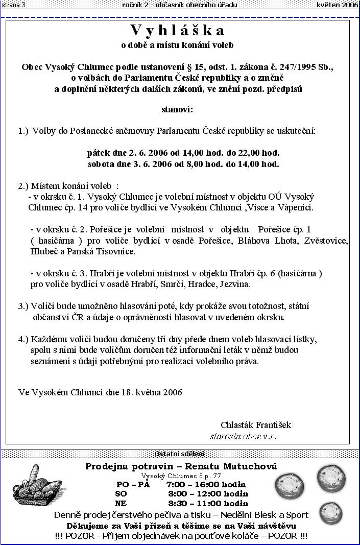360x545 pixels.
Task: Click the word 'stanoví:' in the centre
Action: pos(177,109)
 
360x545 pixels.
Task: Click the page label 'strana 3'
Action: pos(13,5)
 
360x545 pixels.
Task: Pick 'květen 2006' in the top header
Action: pos(337,5)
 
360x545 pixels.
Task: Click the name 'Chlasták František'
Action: pos(256,425)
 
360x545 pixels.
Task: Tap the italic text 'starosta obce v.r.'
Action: pos(243,437)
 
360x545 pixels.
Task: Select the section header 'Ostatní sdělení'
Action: pos(179,454)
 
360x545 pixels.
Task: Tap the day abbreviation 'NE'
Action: pos(121,503)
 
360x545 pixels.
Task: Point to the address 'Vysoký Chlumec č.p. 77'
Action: pos(181,475)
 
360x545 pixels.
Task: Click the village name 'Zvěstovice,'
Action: pos(327,241)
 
